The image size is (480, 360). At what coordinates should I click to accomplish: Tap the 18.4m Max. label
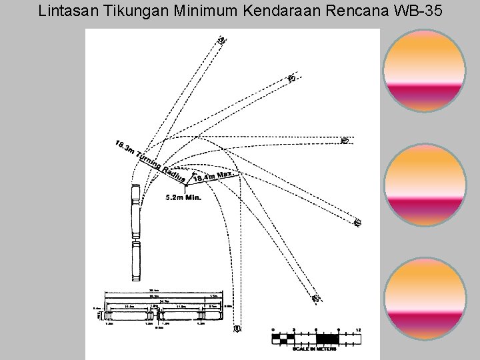pyautogui.click(x=213, y=175)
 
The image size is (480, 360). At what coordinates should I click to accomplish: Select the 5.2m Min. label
pyautogui.click(x=183, y=197)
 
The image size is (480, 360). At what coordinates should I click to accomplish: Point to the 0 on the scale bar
pyautogui.click(x=273, y=329)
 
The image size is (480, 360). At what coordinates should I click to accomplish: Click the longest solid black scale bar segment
pyautogui.click(x=327, y=339)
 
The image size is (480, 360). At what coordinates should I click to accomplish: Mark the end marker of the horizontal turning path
pyautogui.click(x=345, y=141)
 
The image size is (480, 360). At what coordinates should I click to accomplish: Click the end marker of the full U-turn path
pyautogui.click(x=237, y=329)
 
